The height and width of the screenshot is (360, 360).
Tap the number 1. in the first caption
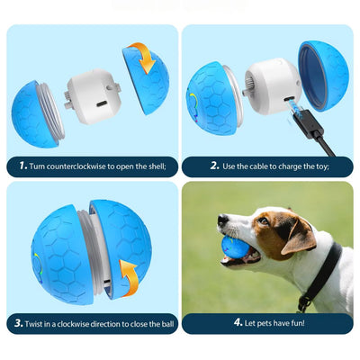click(23, 166)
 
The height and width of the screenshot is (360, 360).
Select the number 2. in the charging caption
click(214, 166)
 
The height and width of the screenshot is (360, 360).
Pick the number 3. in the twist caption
click(19, 323)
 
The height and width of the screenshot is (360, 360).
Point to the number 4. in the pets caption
click(238, 323)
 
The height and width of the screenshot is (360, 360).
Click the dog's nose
click(222, 220)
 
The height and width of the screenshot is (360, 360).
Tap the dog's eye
click(263, 221)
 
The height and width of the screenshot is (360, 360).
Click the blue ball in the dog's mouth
click(233, 247)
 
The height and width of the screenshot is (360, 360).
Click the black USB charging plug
click(309, 124)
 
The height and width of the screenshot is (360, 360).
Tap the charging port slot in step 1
click(103, 104)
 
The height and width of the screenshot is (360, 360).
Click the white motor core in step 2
click(273, 86)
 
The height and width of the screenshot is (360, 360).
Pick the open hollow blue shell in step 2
click(323, 76)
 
